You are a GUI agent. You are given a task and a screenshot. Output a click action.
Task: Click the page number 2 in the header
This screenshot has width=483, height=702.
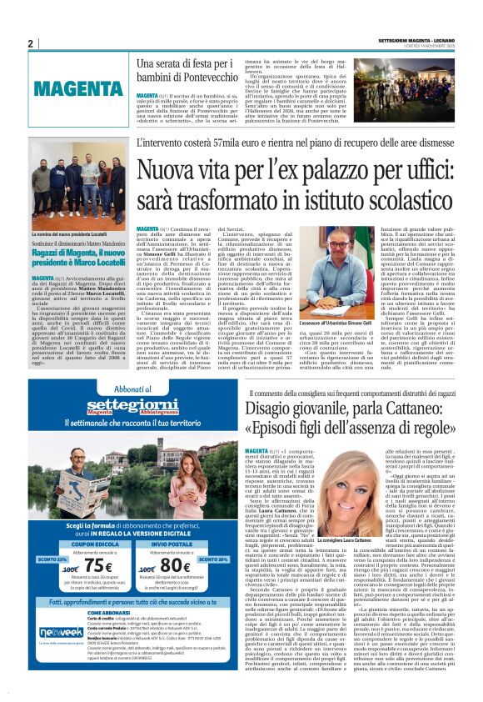pyautogui.click(x=31, y=43)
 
